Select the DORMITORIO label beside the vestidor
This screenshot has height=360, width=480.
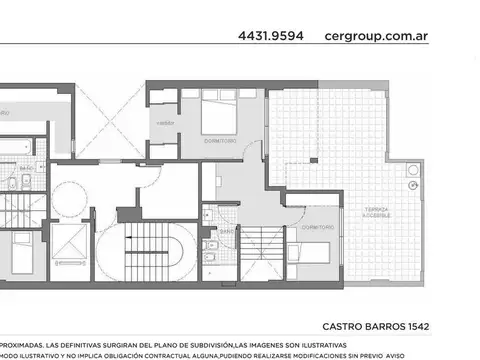pyautogui.click(x=220, y=142)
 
